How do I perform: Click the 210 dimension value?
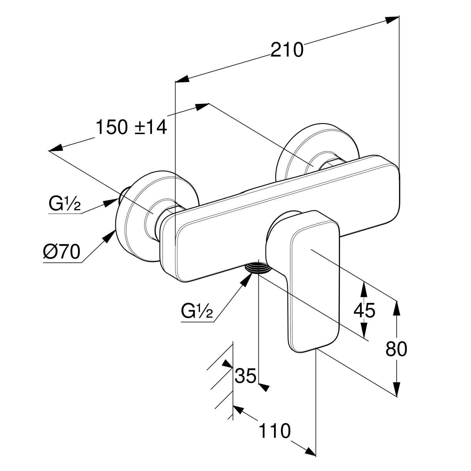point(287,50)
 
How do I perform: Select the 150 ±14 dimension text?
point(131,127)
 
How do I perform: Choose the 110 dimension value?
point(274,430)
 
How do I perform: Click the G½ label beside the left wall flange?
point(65,204)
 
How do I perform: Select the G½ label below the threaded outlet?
point(197,311)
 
